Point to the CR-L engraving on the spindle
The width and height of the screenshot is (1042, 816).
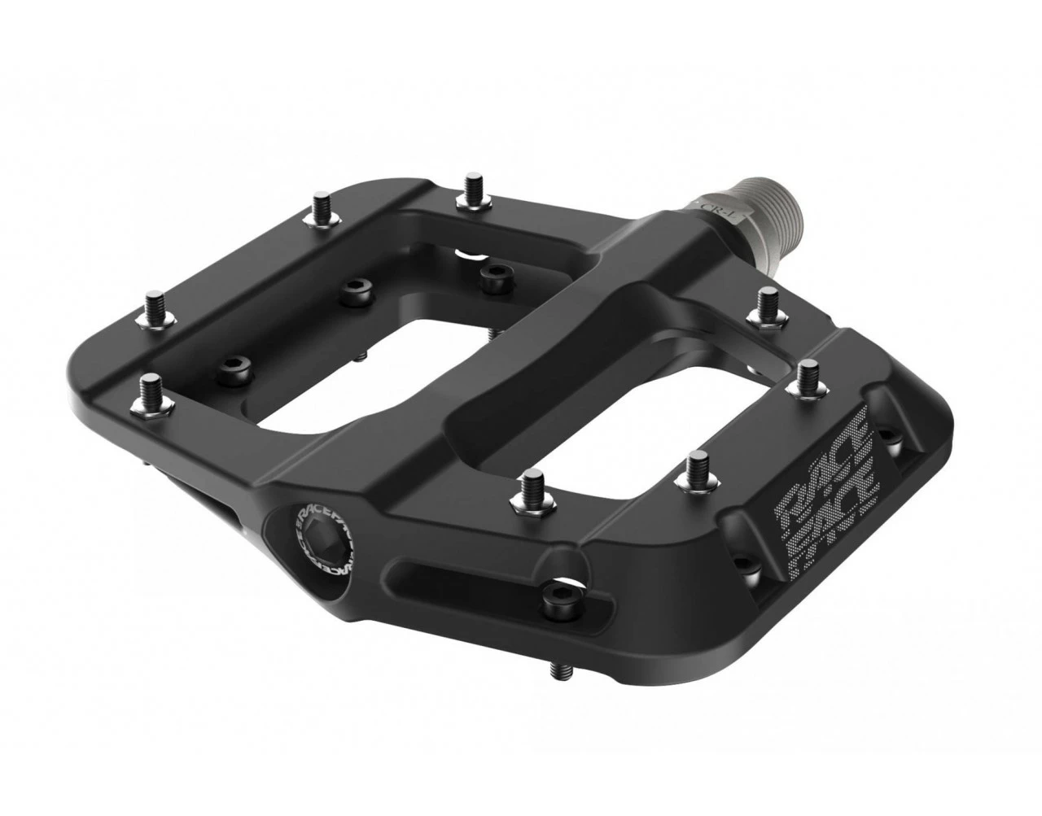point(720,207)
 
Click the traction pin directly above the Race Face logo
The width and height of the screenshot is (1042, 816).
point(808,376)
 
